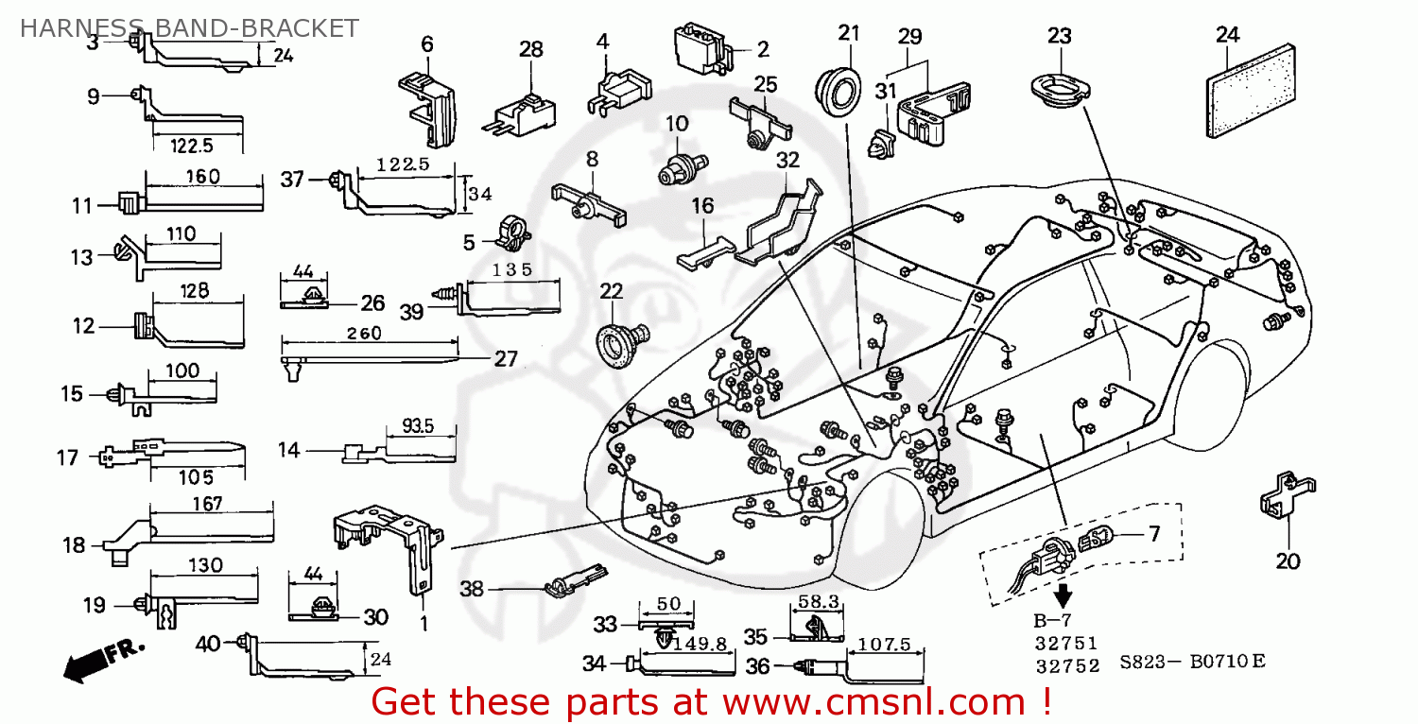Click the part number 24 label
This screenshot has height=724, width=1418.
[x=1227, y=36]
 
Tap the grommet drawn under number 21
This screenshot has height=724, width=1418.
[x=838, y=92]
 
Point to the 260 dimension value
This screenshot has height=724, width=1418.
[x=364, y=334]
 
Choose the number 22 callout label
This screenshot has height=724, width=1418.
[x=612, y=290]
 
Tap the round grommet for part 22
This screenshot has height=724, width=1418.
[x=625, y=337]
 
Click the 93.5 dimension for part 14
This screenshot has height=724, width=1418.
[x=417, y=427]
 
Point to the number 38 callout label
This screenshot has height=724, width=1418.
[x=473, y=589]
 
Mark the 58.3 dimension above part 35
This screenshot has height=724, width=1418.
[x=816, y=601]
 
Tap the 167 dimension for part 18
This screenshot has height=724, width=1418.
[x=207, y=504]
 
